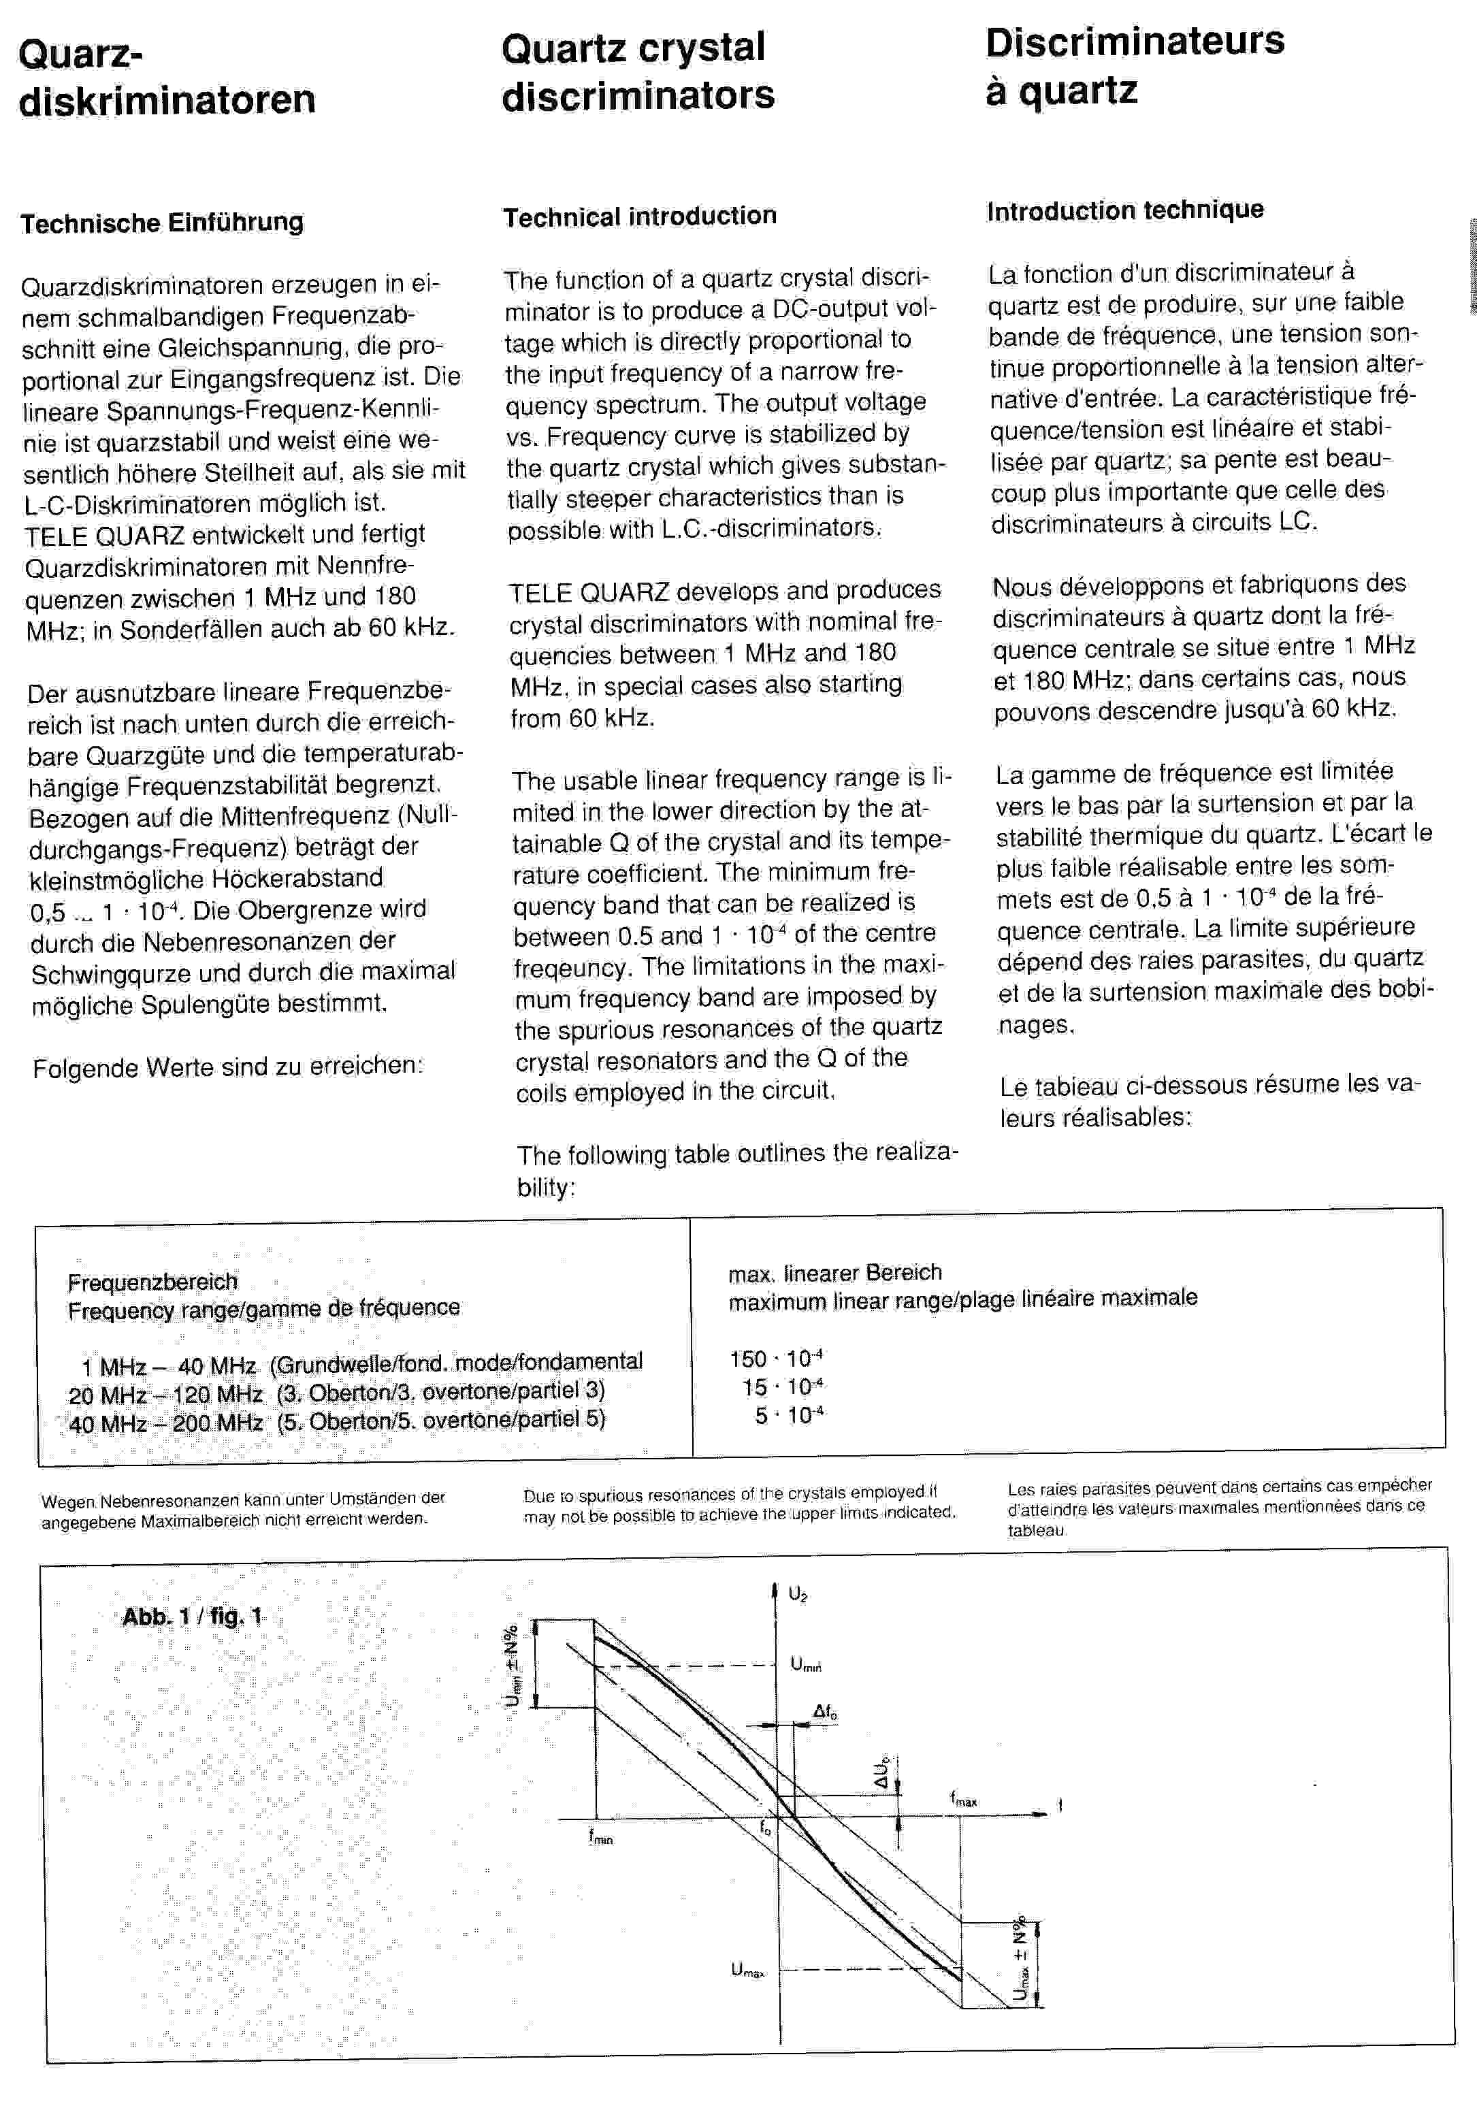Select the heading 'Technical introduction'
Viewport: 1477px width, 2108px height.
[x=639, y=216]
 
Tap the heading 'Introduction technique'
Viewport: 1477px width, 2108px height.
[x=1124, y=210]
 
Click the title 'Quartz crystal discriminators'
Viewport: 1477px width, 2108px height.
[x=637, y=71]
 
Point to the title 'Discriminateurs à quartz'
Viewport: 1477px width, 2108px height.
[x=1134, y=65]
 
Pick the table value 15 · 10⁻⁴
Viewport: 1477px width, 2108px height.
[x=782, y=1387]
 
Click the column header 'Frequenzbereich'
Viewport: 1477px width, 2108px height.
[x=152, y=1282]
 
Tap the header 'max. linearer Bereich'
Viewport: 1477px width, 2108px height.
[x=834, y=1273]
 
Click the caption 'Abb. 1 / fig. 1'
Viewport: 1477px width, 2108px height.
[x=192, y=1616]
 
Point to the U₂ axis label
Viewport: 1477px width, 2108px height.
[x=798, y=1594]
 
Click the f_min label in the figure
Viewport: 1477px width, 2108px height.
[x=600, y=1837]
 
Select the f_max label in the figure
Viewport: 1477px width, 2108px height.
[x=963, y=1800]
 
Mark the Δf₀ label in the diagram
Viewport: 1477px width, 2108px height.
[x=824, y=1711]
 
